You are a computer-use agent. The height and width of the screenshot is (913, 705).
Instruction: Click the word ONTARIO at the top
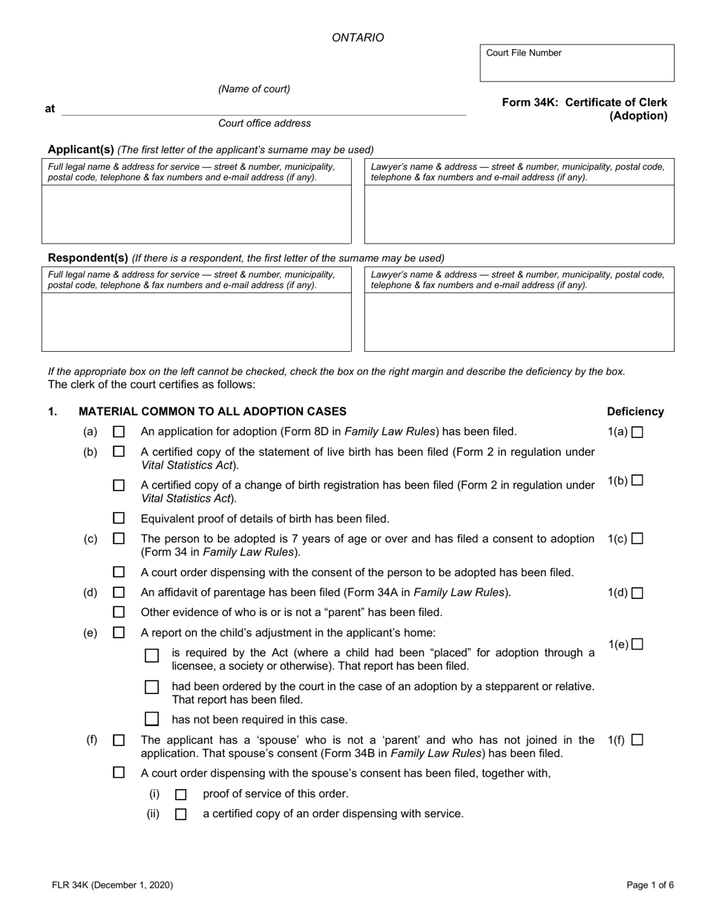(x=358, y=38)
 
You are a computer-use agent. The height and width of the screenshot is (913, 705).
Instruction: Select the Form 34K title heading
(x=584, y=109)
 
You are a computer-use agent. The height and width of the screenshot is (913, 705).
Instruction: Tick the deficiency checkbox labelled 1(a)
(x=637, y=433)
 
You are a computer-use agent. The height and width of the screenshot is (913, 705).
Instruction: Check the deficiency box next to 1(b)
(x=637, y=480)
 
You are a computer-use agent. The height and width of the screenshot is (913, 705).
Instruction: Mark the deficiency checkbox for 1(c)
(x=637, y=539)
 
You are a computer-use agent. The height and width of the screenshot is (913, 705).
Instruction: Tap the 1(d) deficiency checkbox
(x=637, y=593)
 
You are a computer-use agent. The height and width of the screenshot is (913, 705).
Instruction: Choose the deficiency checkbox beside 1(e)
(x=637, y=644)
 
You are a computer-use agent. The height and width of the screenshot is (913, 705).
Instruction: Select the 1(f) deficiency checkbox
(x=637, y=740)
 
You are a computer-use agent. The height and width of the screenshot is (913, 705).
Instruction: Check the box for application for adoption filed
(x=119, y=431)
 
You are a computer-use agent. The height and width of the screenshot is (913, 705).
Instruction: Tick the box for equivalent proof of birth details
(x=119, y=518)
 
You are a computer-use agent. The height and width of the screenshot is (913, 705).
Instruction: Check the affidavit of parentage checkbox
(x=119, y=592)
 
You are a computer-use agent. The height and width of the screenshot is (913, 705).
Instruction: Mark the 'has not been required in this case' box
(x=151, y=719)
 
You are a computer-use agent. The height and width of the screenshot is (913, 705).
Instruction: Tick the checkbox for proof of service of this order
(x=180, y=794)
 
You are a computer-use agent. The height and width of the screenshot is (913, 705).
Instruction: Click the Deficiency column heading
(x=635, y=412)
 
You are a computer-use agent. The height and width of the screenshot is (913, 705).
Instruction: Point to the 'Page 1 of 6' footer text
(x=650, y=885)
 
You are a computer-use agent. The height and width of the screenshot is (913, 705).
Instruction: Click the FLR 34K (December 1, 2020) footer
(x=113, y=885)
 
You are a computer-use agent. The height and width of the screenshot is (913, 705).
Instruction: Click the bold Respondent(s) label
(x=88, y=258)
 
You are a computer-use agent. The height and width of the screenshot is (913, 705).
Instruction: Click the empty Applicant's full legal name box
(x=196, y=214)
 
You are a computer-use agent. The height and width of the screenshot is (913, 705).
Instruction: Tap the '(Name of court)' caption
(x=254, y=89)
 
